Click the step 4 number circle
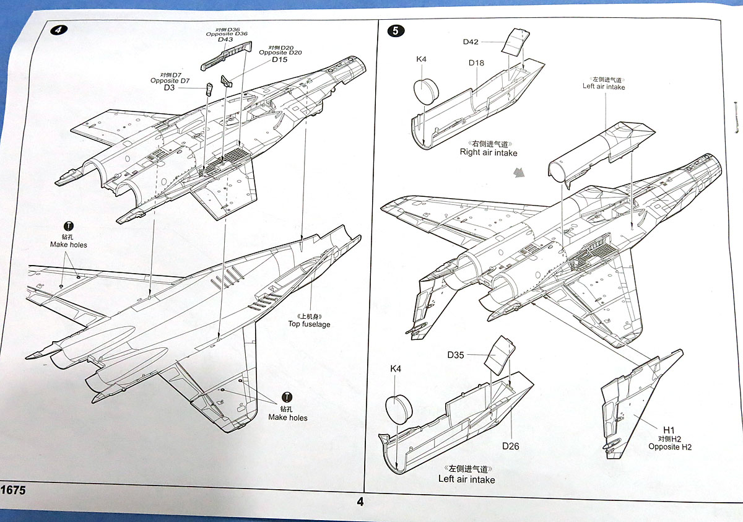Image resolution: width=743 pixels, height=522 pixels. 58,29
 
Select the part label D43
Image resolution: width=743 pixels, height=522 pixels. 225,40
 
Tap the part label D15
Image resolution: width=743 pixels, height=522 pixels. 280,60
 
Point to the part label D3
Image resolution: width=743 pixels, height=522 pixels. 169,88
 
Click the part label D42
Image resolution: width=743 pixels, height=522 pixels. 471,42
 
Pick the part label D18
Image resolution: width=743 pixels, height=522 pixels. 476,63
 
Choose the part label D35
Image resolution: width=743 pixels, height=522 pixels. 456,355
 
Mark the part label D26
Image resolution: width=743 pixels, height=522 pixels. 511,446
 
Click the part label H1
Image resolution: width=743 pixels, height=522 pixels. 669,430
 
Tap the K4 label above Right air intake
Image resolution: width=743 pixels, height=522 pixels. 422,59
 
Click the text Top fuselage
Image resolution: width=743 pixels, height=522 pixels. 309,324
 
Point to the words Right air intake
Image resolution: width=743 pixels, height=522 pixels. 488,152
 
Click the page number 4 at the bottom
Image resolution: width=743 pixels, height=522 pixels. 360,502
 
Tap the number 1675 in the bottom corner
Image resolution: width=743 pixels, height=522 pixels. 13,489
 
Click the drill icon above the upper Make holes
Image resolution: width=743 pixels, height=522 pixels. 68,227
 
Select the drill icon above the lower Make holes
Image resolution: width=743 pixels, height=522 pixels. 287,398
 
